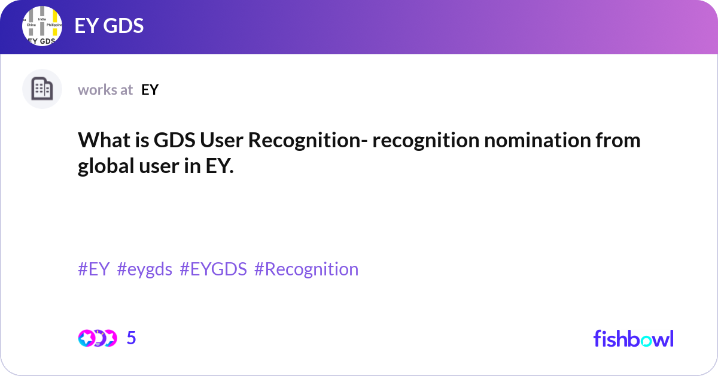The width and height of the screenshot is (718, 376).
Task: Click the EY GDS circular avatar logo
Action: click(x=42, y=27)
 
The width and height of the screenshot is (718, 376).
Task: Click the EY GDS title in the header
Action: click(x=109, y=26)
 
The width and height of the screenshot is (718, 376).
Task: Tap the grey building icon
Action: click(x=42, y=89)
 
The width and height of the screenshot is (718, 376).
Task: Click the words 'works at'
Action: click(x=105, y=90)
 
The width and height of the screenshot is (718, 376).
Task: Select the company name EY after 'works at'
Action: click(x=150, y=90)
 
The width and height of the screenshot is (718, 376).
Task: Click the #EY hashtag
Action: click(x=94, y=269)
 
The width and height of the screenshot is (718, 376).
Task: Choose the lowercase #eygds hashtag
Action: click(x=145, y=269)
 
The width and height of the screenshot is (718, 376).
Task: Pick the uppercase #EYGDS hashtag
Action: click(x=213, y=269)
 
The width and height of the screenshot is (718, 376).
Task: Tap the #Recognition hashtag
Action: click(x=306, y=269)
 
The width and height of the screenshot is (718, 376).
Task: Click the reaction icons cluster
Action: click(x=97, y=338)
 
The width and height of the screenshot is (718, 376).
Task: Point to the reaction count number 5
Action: click(x=132, y=338)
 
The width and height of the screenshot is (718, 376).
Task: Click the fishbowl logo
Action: click(x=633, y=338)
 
